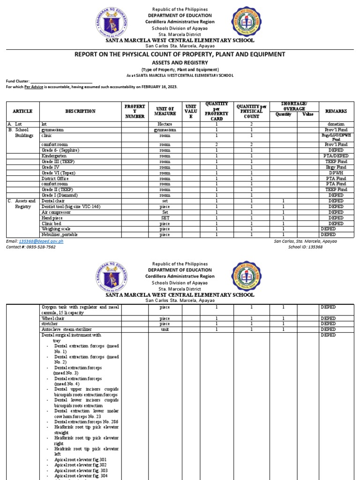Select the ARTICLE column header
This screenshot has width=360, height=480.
click(x=22, y=111)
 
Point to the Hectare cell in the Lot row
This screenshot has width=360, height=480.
click(x=165, y=124)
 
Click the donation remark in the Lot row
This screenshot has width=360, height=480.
click(x=336, y=124)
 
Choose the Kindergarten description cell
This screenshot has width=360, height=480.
click(x=54, y=156)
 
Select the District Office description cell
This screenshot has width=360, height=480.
click(x=55, y=178)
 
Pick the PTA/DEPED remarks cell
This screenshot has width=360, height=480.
click(x=336, y=156)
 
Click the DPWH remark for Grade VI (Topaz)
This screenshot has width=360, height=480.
click(x=336, y=172)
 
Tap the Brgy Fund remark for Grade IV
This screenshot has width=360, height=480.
click(x=336, y=167)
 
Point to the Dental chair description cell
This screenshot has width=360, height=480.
click(x=52, y=201)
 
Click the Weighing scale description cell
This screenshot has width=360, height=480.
click(x=56, y=229)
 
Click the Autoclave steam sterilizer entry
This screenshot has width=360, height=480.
click(x=67, y=330)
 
